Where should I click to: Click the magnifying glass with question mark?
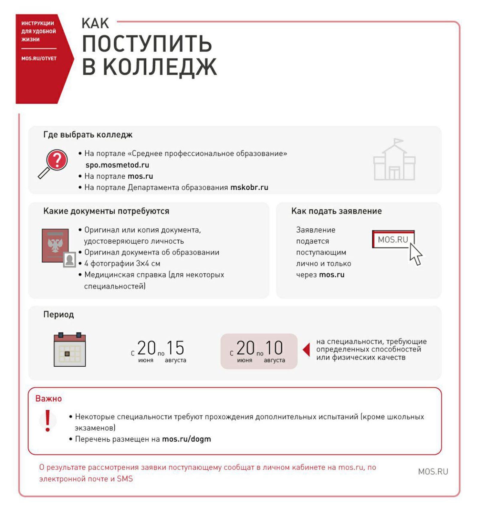(x=53, y=163)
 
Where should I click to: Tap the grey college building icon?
(x=394, y=160)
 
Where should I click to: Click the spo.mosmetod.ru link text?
(x=117, y=165)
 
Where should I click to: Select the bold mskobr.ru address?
(x=249, y=187)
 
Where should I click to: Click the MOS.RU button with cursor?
(x=393, y=239)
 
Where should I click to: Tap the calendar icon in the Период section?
(x=69, y=350)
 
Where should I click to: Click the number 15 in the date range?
(x=175, y=348)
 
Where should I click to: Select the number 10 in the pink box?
(x=274, y=348)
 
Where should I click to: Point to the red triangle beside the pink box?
(x=306, y=350)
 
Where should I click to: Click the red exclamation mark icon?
(x=48, y=421)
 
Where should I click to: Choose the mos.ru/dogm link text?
(x=186, y=439)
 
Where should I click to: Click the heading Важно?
(x=48, y=399)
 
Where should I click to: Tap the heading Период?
(x=59, y=315)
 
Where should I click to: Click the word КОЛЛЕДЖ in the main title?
(x=160, y=67)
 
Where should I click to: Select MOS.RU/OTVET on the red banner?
(x=39, y=58)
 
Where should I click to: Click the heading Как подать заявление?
(x=336, y=211)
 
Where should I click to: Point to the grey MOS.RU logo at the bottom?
(x=433, y=472)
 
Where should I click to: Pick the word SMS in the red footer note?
(x=125, y=479)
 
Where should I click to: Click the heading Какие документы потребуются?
(x=106, y=211)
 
